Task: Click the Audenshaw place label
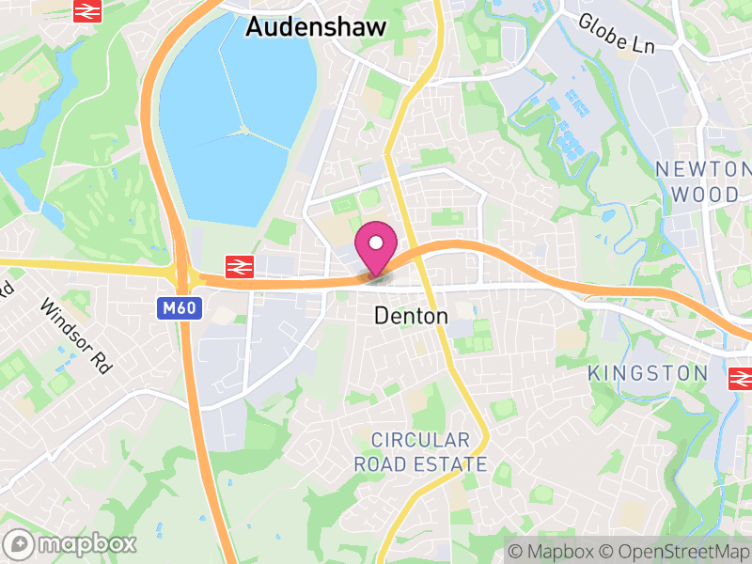pyautogui.click(x=315, y=27)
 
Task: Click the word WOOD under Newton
pyautogui.click(x=704, y=195)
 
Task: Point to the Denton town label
pyautogui.click(x=411, y=317)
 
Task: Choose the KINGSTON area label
pyautogui.click(x=648, y=373)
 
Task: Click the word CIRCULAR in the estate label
pyautogui.click(x=419, y=440)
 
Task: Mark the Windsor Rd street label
pyautogui.click(x=75, y=337)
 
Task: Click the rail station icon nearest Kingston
pyautogui.click(x=742, y=378)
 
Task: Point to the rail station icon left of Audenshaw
pyautogui.click(x=87, y=11)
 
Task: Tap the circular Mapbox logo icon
pyautogui.click(x=19, y=543)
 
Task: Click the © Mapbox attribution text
pyautogui.click(x=551, y=550)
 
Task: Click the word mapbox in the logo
pyautogui.click(x=86, y=543)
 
